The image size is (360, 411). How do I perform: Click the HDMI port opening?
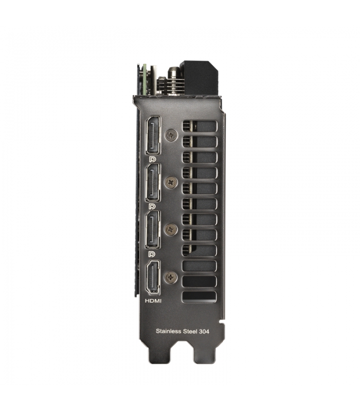(153, 277)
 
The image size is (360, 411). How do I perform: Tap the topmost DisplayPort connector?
(153, 136)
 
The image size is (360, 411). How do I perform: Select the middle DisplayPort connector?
(153, 183)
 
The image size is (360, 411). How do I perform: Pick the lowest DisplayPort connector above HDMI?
(153, 230)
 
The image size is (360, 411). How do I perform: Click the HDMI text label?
(153, 301)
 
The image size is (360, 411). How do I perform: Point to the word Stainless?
(168, 331)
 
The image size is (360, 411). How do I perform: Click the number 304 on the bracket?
(204, 331)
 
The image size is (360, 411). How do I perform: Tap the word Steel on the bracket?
(189, 331)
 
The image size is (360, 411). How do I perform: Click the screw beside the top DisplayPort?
(171, 136)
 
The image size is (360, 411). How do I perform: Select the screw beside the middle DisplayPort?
(171, 182)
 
